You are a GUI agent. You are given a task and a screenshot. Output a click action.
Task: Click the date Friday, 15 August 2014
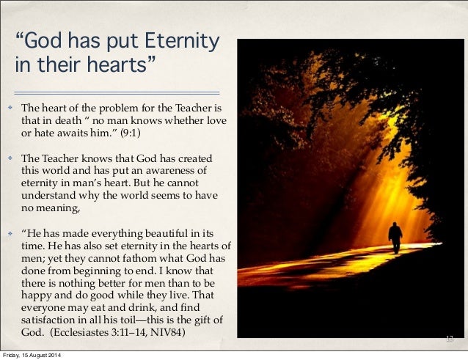point(32,356)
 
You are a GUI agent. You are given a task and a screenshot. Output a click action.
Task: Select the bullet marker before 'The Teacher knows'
point(10,158)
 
